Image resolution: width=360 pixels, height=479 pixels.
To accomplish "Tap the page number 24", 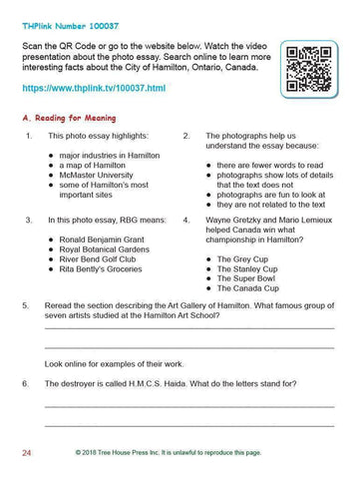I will [28, 453].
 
